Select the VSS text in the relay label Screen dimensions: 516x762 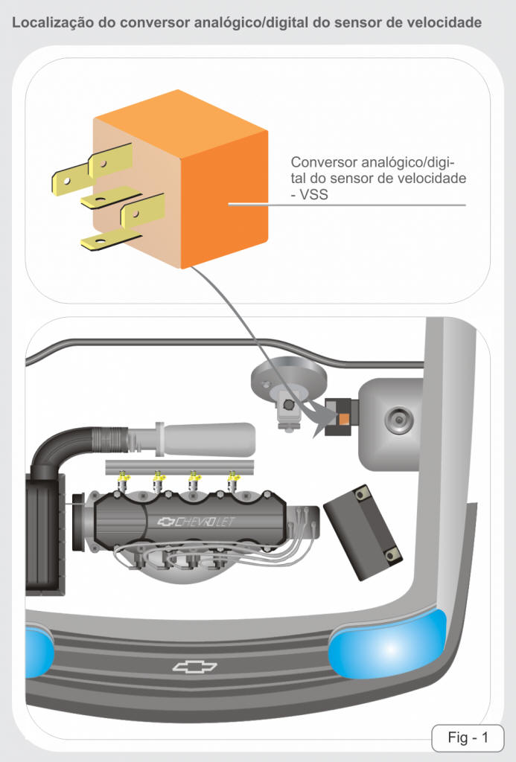313,194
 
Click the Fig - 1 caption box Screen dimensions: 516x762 468,737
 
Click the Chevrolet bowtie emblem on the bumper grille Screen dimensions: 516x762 194,667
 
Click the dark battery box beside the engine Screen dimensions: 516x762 363,533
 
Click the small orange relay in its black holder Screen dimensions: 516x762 344,418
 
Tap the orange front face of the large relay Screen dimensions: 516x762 224,199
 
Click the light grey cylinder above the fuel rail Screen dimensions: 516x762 208,439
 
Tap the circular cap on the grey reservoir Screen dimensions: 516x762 399,420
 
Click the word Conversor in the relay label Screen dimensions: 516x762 323,161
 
